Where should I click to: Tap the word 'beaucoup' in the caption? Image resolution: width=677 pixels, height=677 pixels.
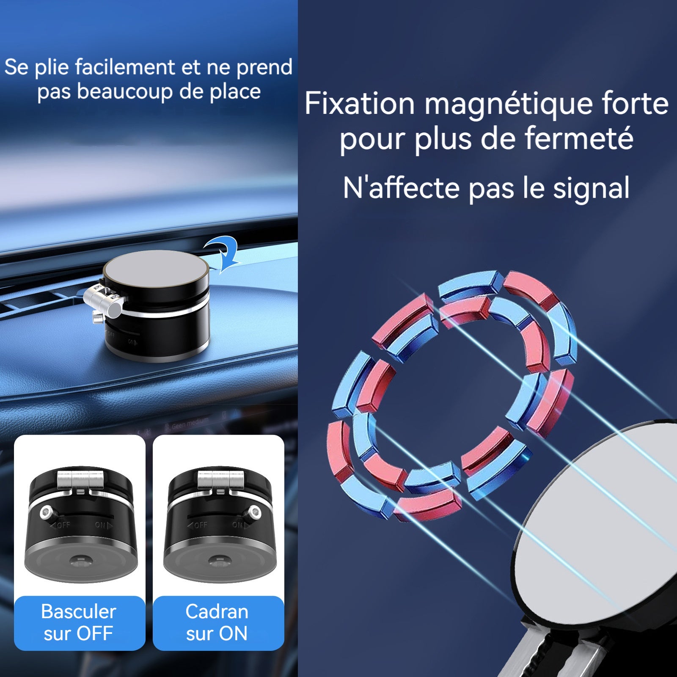click(125, 92)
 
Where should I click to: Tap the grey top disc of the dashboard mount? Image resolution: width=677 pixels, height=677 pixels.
click(156, 270)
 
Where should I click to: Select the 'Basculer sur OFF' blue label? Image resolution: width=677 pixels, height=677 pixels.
click(79, 623)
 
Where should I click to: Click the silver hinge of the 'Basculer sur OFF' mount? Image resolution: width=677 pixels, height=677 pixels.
click(80, 480)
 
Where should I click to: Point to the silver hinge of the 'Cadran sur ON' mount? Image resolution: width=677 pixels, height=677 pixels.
click(220, 480)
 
